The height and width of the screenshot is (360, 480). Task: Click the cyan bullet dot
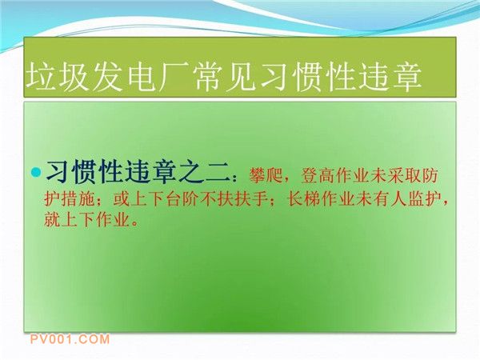(36, 172)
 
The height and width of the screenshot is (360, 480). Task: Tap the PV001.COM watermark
(70, 339)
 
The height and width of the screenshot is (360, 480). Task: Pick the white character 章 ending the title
(406, 77)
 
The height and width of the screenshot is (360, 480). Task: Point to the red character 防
(430, 175)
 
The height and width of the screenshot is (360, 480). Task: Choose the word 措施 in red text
(78, 200)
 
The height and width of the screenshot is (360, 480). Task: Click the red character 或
(122, 200)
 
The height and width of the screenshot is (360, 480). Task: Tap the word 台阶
(182, 200)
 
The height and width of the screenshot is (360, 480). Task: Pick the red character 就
(52, 220)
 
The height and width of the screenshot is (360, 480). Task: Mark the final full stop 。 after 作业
(134, 223)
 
